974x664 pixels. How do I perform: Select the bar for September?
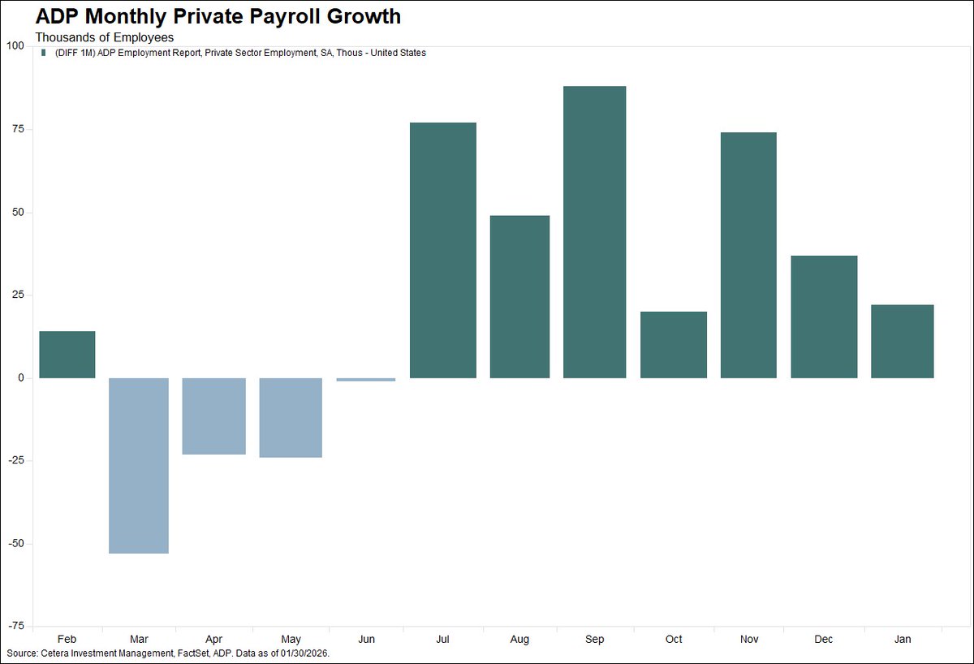point(594,231)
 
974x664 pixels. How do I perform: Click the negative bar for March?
point(139,465)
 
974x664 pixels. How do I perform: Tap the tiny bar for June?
point(367,379)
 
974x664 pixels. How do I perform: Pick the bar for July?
point(442,250)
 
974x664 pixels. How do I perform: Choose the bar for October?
point(673,345)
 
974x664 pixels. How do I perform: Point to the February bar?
point(67,355)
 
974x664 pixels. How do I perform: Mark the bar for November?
point(748,255)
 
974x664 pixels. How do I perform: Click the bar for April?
point(213,416)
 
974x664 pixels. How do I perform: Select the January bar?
point(902,341)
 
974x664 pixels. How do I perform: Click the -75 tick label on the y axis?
point(16,626)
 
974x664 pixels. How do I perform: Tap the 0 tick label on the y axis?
point(21,378)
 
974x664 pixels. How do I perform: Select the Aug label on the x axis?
point(520,640)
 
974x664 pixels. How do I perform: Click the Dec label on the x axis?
point(824,640)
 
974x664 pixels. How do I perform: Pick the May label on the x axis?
point(291,640)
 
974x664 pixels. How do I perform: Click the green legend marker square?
point(43,53)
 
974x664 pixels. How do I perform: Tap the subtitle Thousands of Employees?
point(104,37)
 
